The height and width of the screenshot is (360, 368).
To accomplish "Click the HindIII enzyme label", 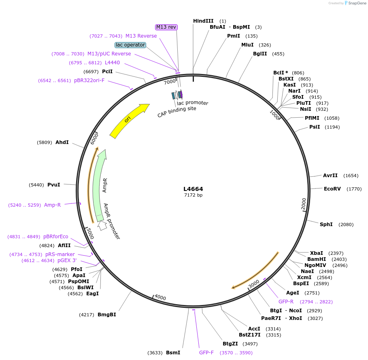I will tap(203, 21).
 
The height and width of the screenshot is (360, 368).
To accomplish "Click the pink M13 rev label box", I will tap(166, 27).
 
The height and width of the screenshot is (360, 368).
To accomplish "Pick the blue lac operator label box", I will tap(130, 45).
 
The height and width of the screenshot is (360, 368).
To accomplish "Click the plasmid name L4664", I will tap(193, 189).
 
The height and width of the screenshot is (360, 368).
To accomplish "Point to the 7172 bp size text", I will tap(193, 195).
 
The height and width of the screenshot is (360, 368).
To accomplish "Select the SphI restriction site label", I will tap(326, 224).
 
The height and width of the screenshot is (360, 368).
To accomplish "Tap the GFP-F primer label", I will tap(206, 353).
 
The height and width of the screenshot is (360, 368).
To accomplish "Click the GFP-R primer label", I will tap(286, 302).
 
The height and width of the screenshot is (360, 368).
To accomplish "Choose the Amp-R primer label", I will tap(52, 205).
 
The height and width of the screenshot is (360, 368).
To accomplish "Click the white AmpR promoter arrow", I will tap(102, 225).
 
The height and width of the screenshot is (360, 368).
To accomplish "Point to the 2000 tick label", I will tap(304, 204).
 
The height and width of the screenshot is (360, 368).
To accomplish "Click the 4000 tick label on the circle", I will tap(160, 297).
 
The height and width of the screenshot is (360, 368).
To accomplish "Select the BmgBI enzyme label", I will tap(107, 314).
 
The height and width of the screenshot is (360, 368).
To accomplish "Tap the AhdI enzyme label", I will tap(62, 142).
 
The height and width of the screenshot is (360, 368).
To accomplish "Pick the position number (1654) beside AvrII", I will tap(351, 176).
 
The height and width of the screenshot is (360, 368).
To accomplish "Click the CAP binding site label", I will tap(177, 112).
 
